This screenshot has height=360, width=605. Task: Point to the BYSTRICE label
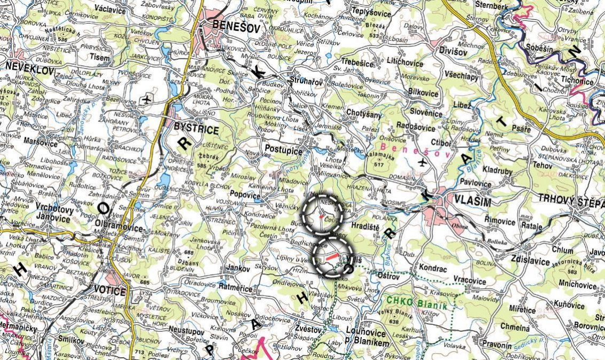click(x=197, y=130)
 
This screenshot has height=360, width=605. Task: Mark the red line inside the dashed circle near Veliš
click(x=332, y=257)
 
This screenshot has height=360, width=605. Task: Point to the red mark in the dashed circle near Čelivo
click(x=321, y=216)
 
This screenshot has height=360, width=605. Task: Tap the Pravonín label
click(x=497, y=345)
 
